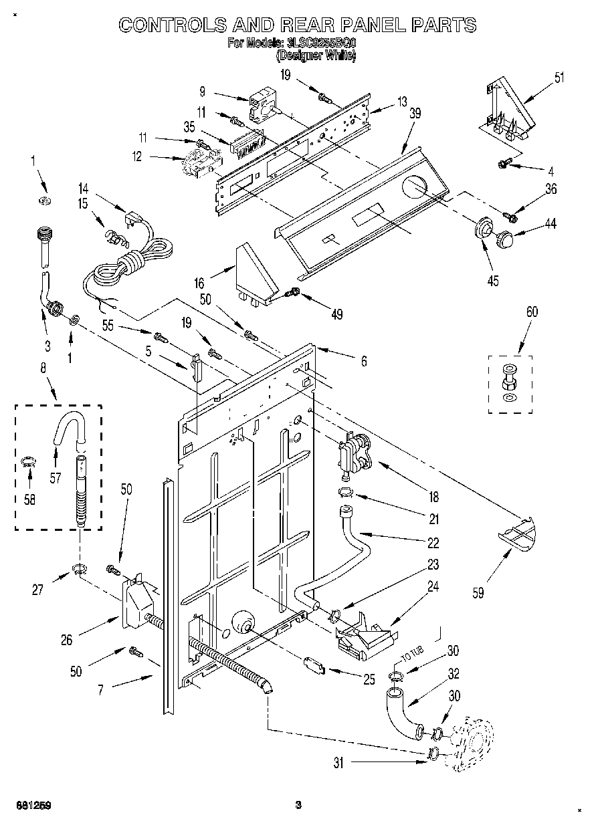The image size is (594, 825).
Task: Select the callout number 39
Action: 415,114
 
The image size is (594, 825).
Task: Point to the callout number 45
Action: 493,281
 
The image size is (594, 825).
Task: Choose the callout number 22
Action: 433,543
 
